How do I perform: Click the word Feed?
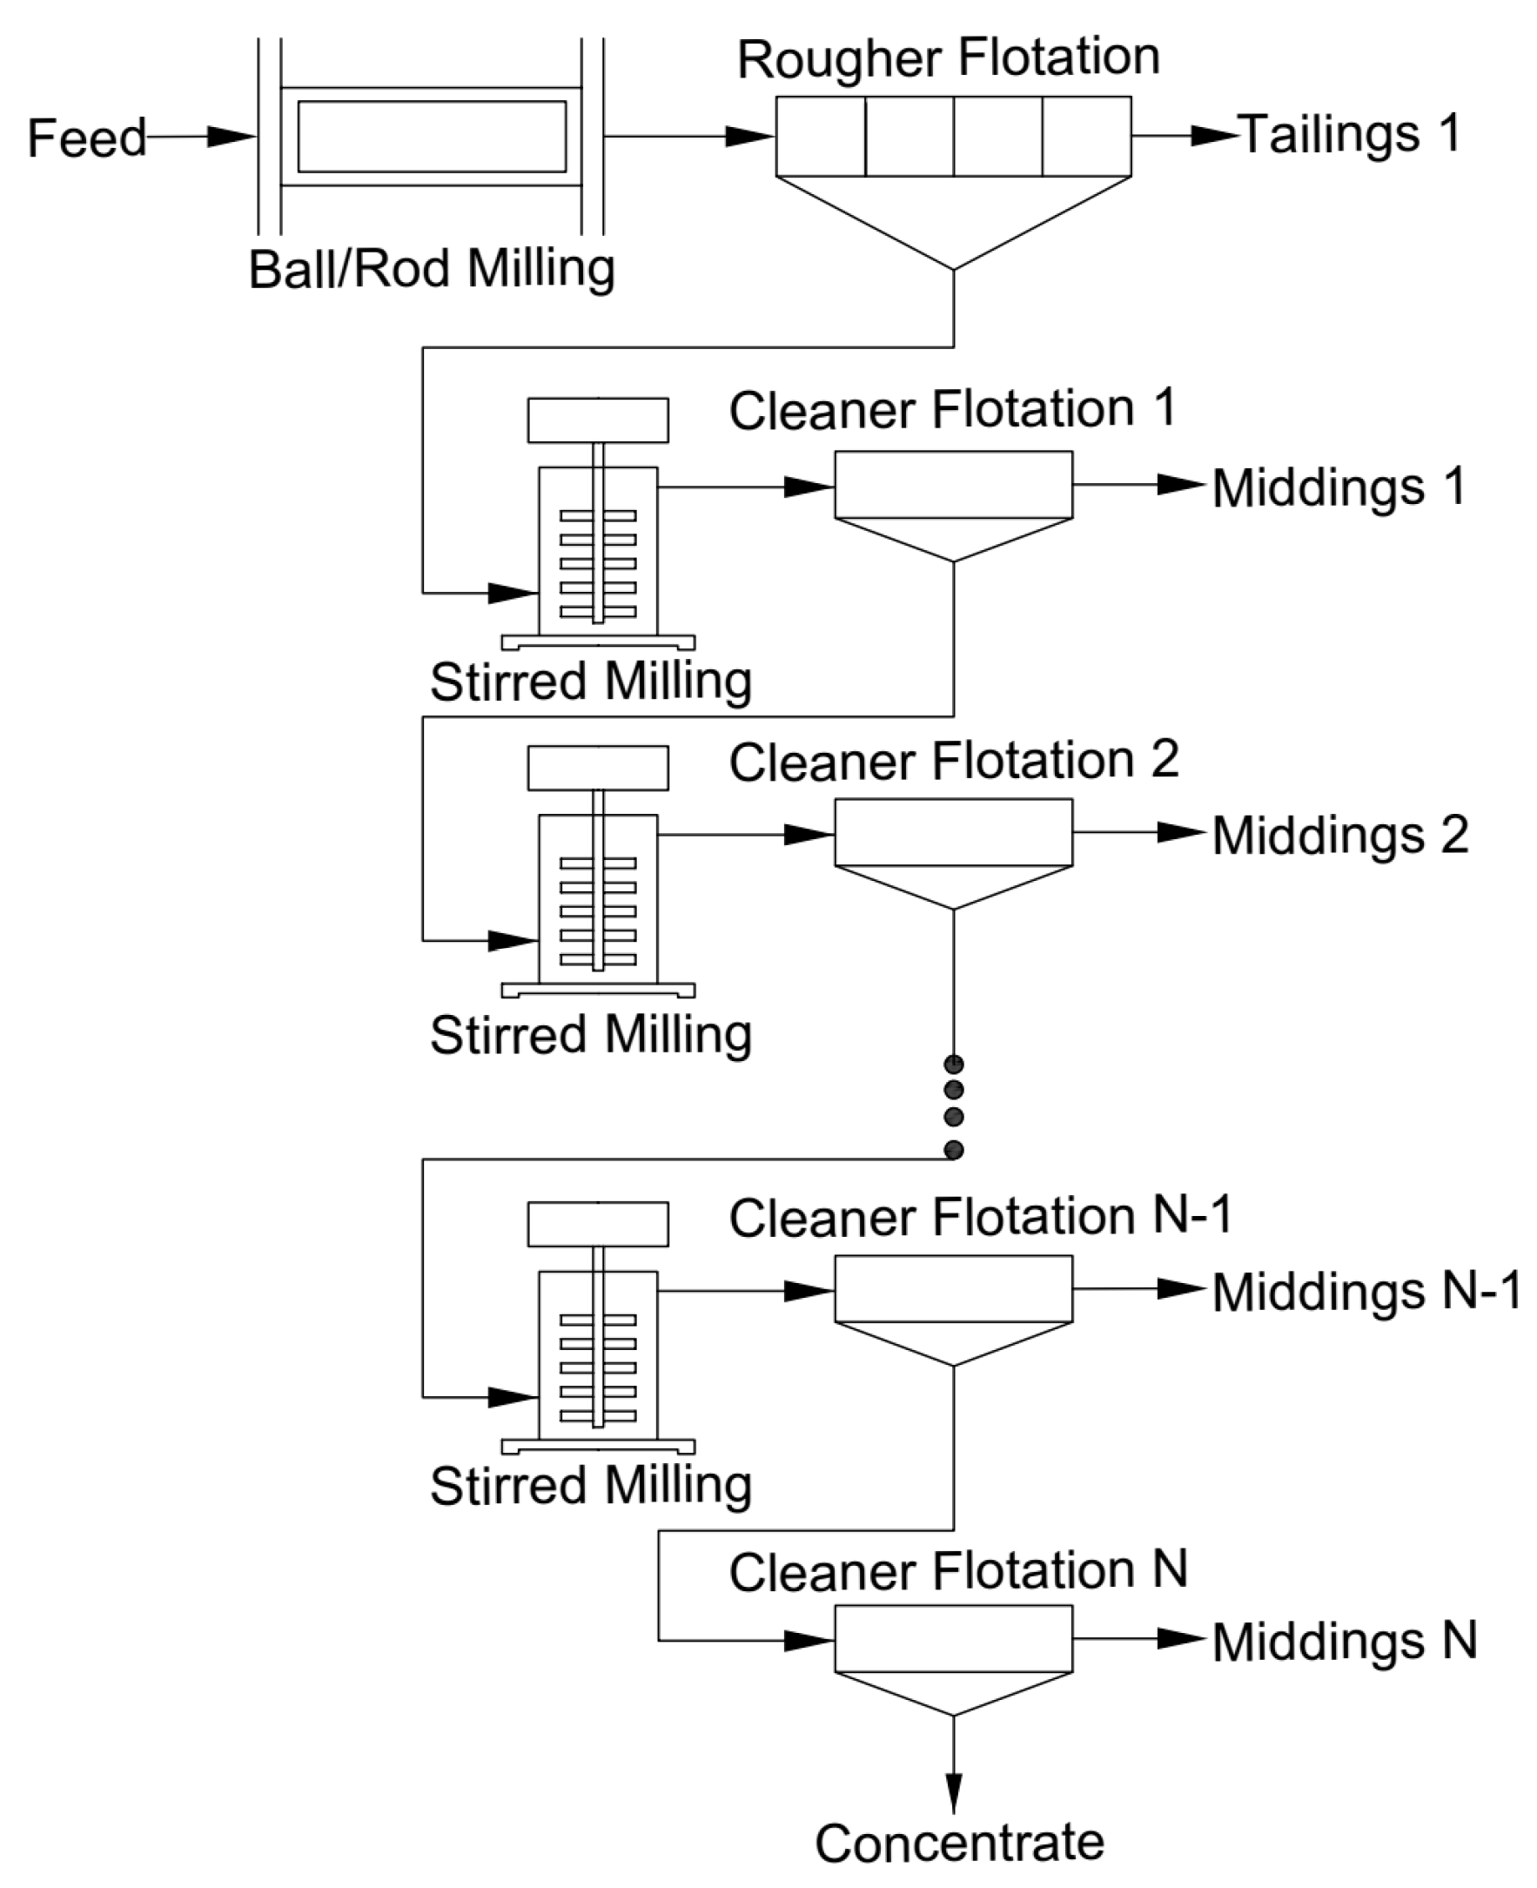(87, 139)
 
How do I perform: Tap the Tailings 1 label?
(1348, 135)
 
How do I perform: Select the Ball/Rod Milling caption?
(431, 269)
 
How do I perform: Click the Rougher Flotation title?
(949, 58)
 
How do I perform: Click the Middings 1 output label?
(1339, 488)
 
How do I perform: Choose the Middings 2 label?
(1339, 836)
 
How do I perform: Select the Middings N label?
(1344, 1642)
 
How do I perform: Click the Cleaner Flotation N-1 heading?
(980, 1217)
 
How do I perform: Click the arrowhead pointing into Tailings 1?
(1214, 136)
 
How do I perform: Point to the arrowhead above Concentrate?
(954, 1792)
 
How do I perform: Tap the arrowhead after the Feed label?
(230, 137)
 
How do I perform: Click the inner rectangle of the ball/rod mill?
(431, 137)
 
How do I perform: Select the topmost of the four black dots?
(954, 1064)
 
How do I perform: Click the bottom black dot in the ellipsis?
(954, 1151)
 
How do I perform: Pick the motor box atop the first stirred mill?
(598, 420)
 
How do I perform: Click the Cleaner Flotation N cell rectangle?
(954, 1638)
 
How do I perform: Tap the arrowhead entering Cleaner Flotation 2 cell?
(809, 834)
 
